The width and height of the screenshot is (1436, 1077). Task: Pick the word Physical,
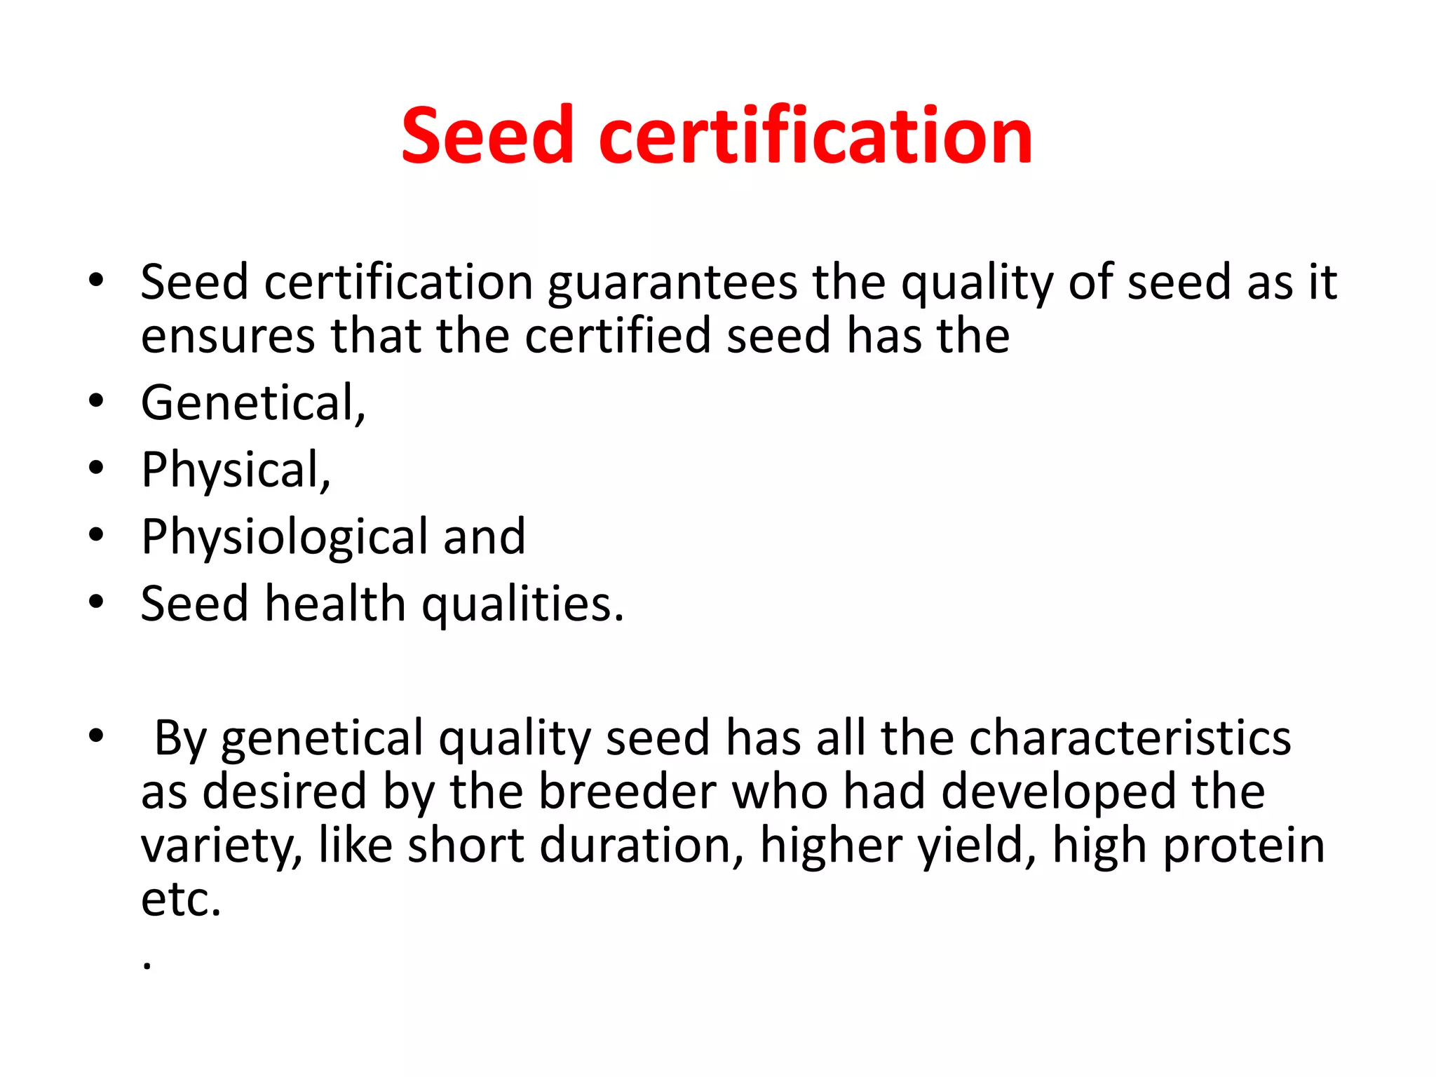coord(236,470)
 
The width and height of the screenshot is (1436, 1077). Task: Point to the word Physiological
coord(284,537)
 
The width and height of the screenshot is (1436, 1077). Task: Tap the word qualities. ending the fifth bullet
coord(522,605)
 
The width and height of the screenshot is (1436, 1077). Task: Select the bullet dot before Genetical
coord(97,401)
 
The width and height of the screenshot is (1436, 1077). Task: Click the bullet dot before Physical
coord(97,468)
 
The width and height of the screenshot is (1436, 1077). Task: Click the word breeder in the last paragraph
coord(628,792)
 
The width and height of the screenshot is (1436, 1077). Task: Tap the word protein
coord(1244,846)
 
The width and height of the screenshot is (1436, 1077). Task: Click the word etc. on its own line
coord(181,900)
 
